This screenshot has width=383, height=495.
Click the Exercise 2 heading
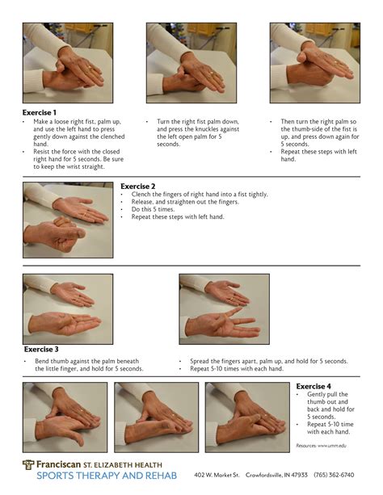[x=137, y=187]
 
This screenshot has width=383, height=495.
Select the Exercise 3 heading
[x=42, y=350]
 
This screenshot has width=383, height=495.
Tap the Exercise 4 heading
[x=314, y=387]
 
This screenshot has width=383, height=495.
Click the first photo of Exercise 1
[x=68, y=63]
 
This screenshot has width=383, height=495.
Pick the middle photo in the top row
[x=191, y=63]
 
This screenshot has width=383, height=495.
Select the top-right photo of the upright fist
[x=314, y=63]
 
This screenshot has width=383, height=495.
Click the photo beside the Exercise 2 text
[x=68, y=218]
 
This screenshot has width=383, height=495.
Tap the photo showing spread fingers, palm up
[x=224, y=308]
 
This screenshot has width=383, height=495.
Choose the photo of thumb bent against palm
[x=68, y=308]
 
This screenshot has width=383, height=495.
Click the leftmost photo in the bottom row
[x=65, y=417]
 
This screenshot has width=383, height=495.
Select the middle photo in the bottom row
[x=156, y=417]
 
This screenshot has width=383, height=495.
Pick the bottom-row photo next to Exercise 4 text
[x=247, y=417]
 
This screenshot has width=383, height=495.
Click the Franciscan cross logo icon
[x=28, y=465]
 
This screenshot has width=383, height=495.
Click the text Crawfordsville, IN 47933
[x=277, y=476]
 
